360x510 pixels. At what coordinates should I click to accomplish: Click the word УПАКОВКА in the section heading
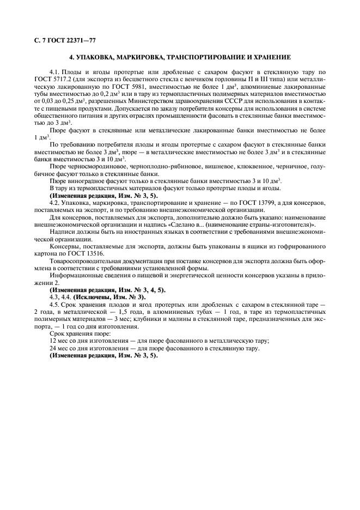pyautogui.click(x=97, y=57)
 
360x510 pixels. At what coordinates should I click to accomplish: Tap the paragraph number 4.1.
pyautogui.click(x=54, y=72)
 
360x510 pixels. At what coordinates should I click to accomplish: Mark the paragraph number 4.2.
pyautogui.click(x=54, y=203)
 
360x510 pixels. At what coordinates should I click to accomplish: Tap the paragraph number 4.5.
pyautogui.click(x=54, y=305)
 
